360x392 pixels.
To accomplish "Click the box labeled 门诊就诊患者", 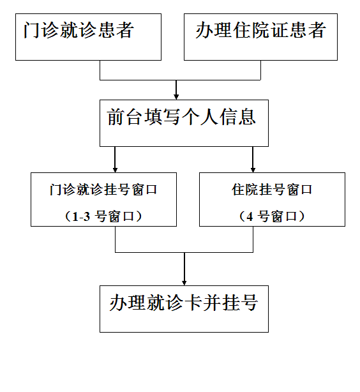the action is (88, 37).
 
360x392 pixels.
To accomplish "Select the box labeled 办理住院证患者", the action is (260, 37).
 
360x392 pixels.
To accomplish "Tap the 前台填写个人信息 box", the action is (184, 123).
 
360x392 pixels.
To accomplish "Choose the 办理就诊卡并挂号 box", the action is (184, 309).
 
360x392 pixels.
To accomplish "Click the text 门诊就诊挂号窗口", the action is (103, 190).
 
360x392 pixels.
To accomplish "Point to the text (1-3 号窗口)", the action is (103, 216).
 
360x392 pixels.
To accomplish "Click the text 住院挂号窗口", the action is (272, 190).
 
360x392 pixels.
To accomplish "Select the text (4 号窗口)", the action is (272, 216).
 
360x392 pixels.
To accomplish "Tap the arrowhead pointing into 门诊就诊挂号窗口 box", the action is (115, 170).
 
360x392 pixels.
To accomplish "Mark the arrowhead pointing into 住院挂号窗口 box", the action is (253, 170).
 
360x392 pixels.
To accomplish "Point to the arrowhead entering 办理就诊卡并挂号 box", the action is (184, 283).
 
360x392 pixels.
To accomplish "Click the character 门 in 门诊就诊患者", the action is (32, 30).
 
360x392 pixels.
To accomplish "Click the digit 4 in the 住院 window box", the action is (250, 216).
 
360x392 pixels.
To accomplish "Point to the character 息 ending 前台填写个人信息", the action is (247, 117).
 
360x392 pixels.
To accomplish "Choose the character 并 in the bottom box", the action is (212, 303).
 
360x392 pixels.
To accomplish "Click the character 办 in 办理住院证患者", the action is (204, 30).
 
